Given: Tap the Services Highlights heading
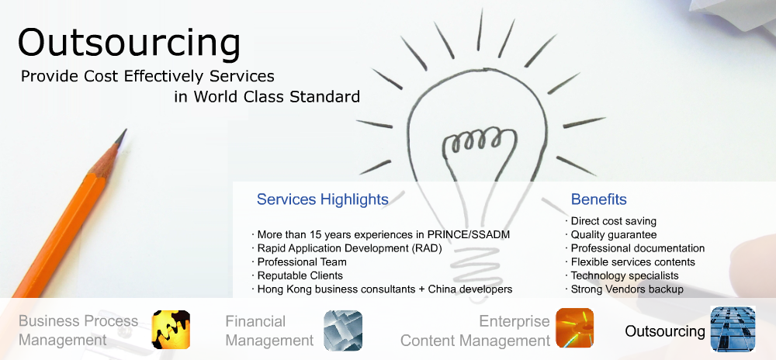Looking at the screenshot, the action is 322,199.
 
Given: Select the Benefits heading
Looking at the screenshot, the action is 599,199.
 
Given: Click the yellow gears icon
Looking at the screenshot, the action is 171,329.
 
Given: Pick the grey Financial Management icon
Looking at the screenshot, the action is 343,330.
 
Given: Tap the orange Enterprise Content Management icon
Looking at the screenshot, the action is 574,328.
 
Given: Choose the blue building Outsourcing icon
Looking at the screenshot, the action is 733,328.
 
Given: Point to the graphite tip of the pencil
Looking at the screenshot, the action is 124,132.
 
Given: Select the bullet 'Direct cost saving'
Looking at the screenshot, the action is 613,221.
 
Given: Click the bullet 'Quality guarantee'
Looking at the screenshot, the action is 614,235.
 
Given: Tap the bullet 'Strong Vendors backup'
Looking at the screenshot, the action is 627,289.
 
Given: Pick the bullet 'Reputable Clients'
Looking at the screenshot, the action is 300,275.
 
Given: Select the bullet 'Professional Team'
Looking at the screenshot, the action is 302,261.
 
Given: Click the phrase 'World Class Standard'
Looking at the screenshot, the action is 277,96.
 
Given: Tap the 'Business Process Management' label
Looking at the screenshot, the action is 78,331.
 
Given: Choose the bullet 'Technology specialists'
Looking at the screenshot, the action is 625,275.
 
